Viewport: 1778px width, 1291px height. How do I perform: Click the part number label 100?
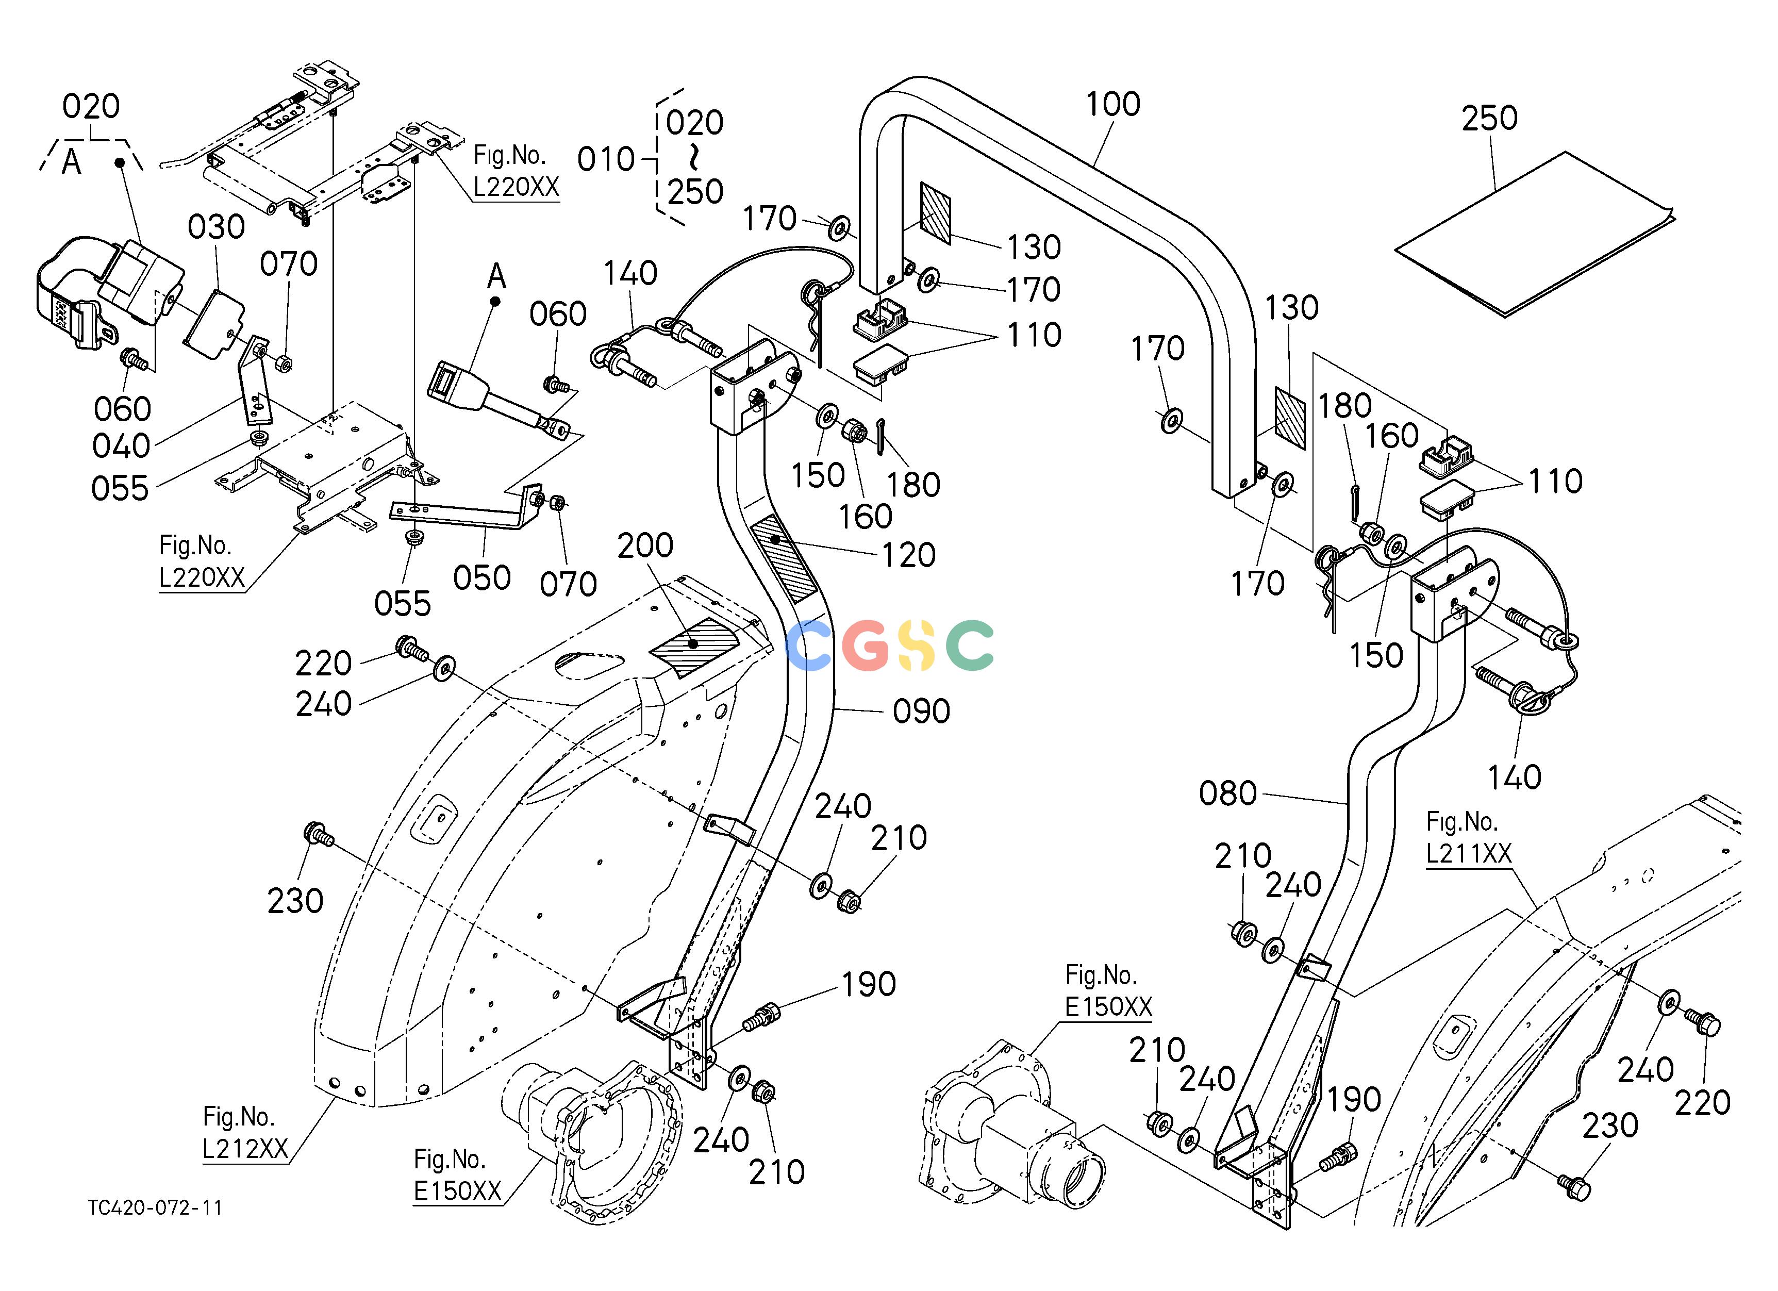(1113, 104)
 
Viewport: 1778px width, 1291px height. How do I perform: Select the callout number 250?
(1489, 119)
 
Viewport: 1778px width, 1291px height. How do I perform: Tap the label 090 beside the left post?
(921, 711)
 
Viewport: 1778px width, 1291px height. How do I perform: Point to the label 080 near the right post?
(1227, 794)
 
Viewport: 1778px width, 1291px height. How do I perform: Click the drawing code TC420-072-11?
(155, 1208)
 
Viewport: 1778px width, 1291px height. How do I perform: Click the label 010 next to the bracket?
(606, 160)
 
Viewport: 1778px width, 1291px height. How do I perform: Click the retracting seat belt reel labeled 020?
(110, 290)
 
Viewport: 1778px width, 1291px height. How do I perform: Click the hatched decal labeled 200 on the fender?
(694, 645)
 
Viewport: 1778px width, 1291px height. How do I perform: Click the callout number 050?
(482, 578)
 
